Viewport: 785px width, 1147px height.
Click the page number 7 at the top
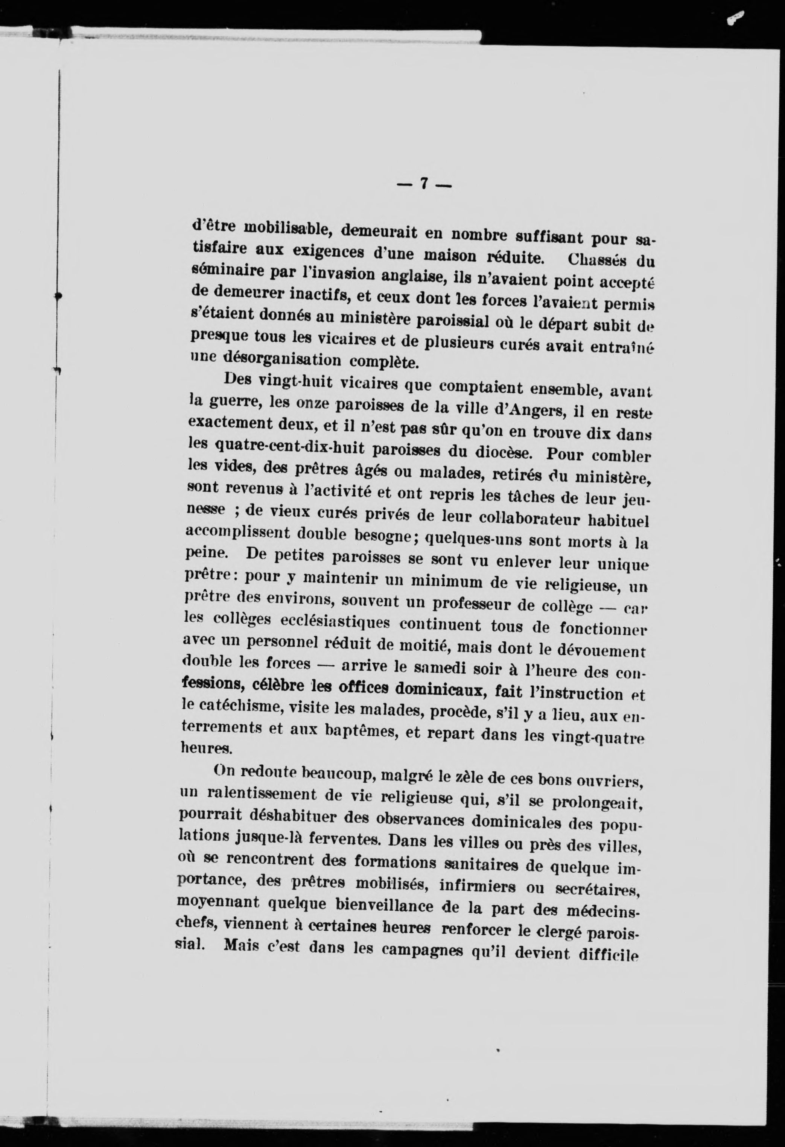point(424,184)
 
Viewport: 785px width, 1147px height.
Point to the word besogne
point(382,535)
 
